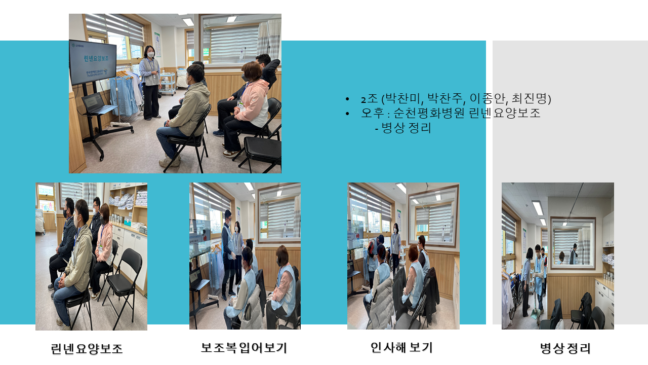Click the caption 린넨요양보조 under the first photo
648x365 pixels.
(87, 348)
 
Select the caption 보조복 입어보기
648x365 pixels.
(244, 348)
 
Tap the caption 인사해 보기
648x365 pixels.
(401, 347)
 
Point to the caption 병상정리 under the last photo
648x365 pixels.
(565, 348)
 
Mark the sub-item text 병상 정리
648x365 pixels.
(406, 128)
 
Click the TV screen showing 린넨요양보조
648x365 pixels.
(93, 62)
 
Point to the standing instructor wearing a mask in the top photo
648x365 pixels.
(150, 83)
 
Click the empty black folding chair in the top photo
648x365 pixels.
(262, 154)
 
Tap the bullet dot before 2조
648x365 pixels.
(347, 99)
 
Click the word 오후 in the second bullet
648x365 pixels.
(373, 113)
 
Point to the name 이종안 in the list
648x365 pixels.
(487, 98)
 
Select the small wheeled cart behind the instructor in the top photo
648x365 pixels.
(168, 84)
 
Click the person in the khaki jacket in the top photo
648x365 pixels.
(185, 116)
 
